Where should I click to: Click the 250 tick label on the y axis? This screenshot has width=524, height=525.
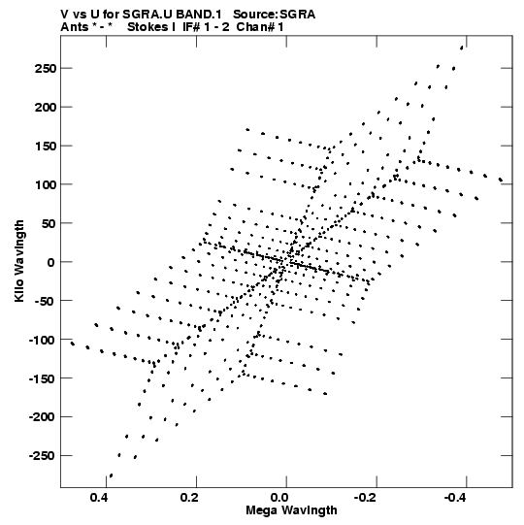45,69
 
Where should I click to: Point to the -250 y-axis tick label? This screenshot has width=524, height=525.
42,456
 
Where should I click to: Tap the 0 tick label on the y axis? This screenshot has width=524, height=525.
50,262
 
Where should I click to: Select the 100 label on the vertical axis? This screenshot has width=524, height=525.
45,184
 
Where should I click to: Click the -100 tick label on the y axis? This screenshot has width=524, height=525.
42,340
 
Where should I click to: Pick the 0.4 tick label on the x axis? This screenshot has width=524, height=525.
99,498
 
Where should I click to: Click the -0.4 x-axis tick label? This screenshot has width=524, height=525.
456,498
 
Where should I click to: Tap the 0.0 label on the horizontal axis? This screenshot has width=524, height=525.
279,498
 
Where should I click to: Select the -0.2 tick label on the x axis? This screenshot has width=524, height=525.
366,498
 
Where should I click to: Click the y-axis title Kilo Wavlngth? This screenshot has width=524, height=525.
19,261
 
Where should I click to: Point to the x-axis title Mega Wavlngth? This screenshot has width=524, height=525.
291,510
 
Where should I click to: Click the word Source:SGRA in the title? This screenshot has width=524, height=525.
275,15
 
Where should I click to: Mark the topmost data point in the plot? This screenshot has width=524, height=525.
462,48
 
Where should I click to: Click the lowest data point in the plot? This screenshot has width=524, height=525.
112,476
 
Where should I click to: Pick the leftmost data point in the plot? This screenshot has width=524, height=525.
73,344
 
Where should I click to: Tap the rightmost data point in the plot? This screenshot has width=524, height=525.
501,180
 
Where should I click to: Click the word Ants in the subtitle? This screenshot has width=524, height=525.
74,27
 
